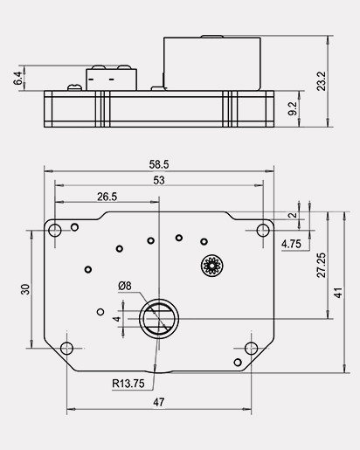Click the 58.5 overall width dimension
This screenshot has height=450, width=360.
(x=159, y=163)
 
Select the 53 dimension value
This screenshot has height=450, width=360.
(x=158, y=180)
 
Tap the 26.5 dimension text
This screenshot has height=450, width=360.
(x=107, y=197)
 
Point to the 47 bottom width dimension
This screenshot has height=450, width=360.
(x=158, y=403)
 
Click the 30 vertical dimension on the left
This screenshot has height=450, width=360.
(x=26, y=289)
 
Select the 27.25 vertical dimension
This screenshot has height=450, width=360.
(x=321, y=265)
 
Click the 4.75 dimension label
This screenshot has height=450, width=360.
(x=291, y=245)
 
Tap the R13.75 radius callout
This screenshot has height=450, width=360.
(x=128, y=383)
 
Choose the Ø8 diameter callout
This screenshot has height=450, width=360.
(x=125, y=286)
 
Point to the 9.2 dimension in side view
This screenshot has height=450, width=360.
(x=292, y=109)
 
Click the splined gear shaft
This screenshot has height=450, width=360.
(x=211, y=265)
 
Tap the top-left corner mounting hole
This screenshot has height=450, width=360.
(x=54, y=231)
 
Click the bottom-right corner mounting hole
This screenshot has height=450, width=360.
(x=252, y=348)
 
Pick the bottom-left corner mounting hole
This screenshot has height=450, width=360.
(x=66, y=348)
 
